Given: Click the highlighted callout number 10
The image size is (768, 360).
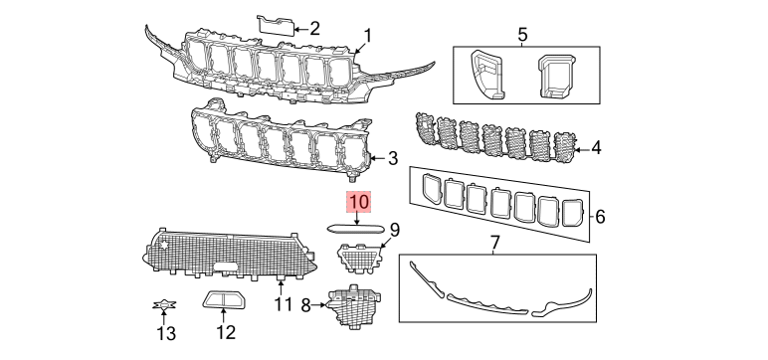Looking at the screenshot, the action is click(x=359, y=202).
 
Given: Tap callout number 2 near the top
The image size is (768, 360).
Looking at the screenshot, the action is click(x=314, y=29).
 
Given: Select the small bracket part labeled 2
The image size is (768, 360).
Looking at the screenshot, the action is click(x=276, y=25).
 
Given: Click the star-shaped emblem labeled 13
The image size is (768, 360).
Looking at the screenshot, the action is click(x=164, y=305).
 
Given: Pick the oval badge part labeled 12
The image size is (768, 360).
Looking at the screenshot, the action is click(x=225, y=299).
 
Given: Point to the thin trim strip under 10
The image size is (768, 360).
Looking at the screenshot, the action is click(x=358, y=229).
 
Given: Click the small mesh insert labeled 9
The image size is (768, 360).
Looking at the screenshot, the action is click(x=358, y=257).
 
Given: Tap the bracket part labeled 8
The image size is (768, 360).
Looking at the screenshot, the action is click(x=353, y=304).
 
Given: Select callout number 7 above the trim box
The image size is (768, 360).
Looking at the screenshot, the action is click(x=494, y=242).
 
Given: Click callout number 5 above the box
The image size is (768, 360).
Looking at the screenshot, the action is click(x=522, y=35).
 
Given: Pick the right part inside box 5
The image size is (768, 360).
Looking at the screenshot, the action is click(x=556, y=75).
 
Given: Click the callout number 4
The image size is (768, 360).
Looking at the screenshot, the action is click(x=596, y=148).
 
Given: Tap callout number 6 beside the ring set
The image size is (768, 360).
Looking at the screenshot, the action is click(x=600, y=216).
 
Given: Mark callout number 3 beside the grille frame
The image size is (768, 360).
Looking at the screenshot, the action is click(x=393, y=158).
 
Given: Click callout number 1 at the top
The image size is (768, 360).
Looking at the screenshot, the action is click(x=367, y=35).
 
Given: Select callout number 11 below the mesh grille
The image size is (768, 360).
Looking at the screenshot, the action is click(x=283, y=304).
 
